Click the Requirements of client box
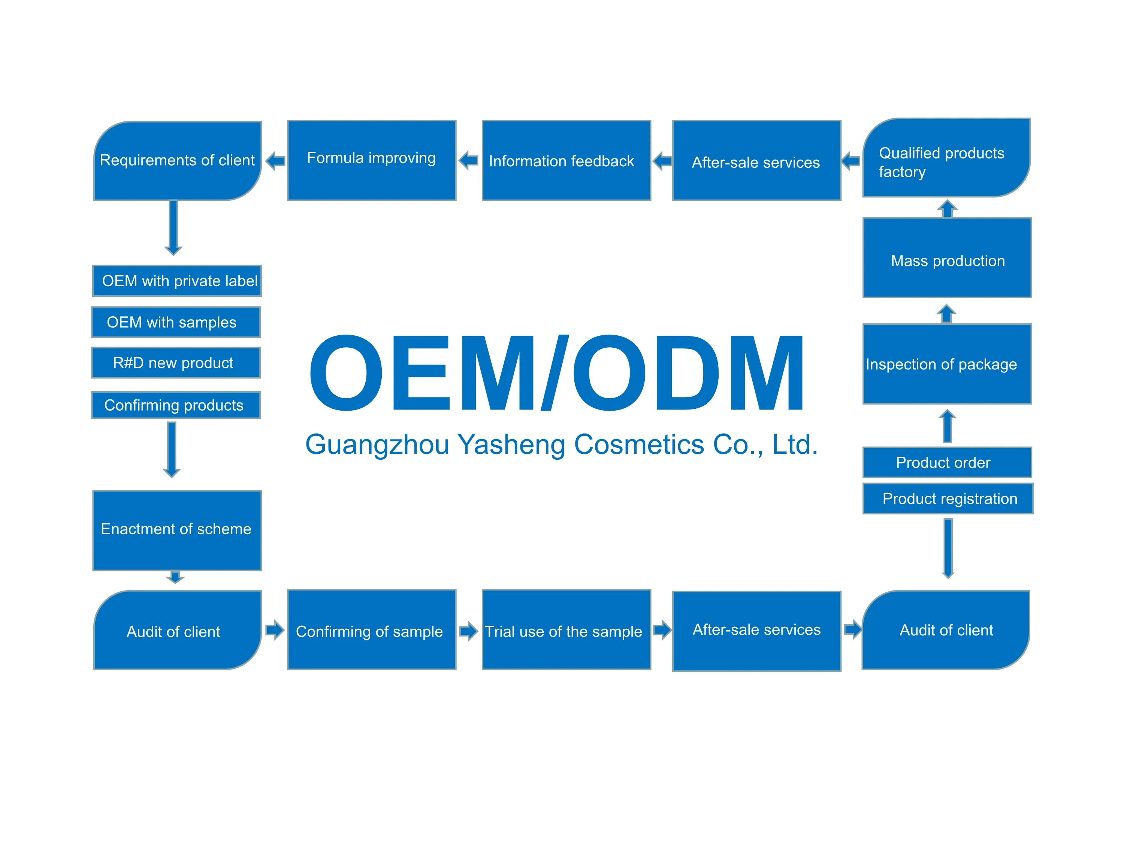[177, 161]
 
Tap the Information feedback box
[566, 161]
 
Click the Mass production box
[947, 258]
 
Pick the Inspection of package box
[947, 364]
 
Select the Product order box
[947, 462]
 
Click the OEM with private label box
[177, 281]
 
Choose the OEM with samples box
[176, 322]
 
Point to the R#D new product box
[176, 363]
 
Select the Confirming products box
[176, 405]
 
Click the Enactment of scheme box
[177, 530]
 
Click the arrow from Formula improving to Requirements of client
[275, 161]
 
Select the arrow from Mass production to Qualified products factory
[947, 208]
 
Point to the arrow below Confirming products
[172, 450]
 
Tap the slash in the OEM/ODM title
[555, 372]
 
